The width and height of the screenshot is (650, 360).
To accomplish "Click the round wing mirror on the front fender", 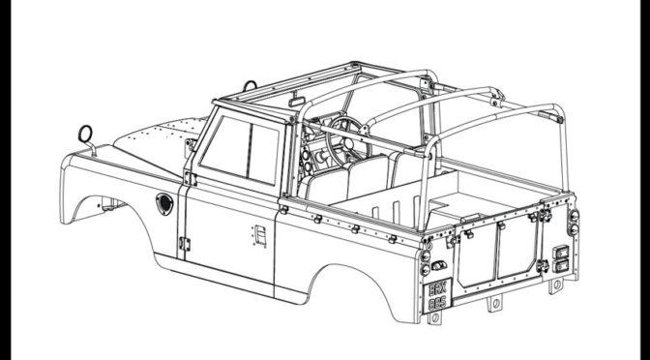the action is pos(84,132).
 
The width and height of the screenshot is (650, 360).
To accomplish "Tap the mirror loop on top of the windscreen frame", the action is pos(251,86).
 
